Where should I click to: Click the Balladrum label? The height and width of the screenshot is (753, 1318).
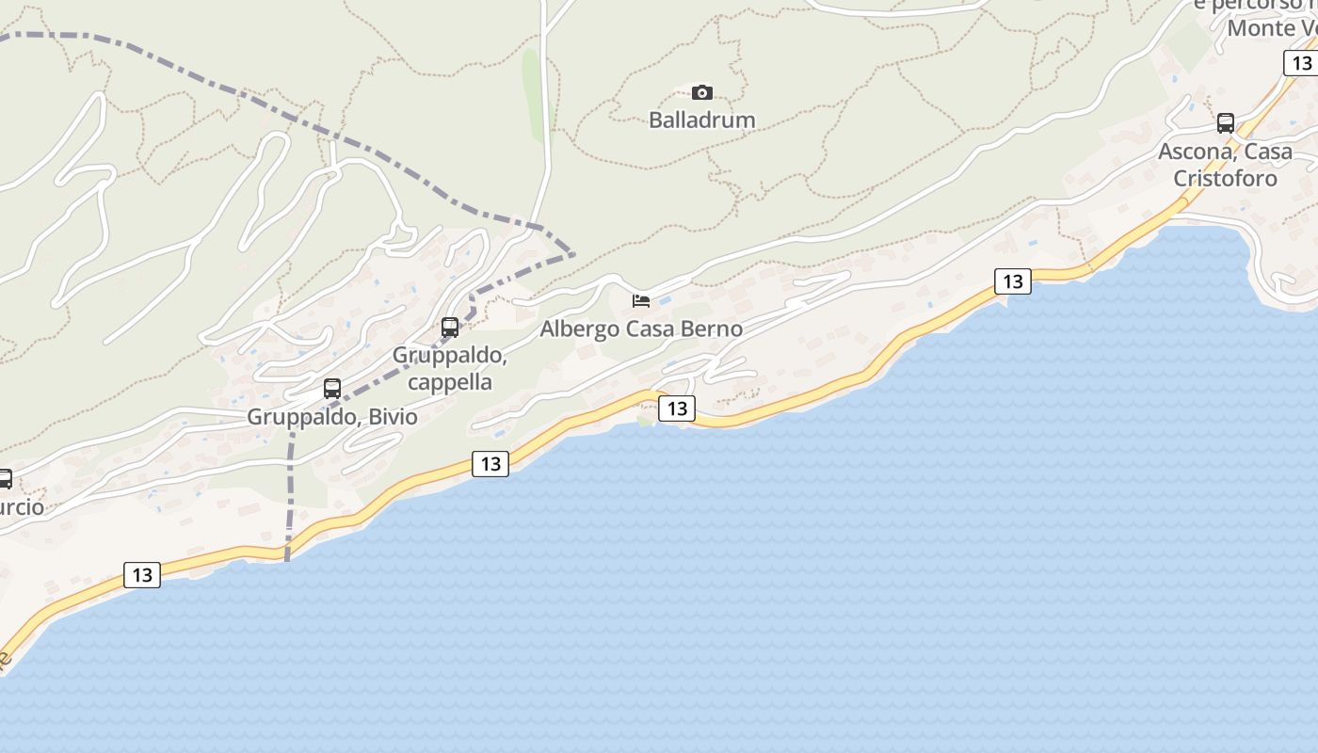point(702,120)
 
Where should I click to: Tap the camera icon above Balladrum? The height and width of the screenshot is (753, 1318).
point(702,92)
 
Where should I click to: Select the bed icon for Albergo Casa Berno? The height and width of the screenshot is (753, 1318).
point(641,301)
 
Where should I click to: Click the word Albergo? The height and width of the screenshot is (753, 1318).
point(580,328)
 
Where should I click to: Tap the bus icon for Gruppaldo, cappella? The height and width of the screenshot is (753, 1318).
point(450,328)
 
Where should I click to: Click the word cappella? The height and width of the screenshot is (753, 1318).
point(450,381)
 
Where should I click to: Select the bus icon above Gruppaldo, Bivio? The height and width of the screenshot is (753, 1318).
point(332,388)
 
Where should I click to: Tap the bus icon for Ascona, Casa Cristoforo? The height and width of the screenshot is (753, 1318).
point(1226,122)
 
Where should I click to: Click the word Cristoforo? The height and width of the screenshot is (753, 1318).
point(1225,178)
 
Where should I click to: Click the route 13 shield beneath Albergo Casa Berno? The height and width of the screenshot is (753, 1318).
point(677,409)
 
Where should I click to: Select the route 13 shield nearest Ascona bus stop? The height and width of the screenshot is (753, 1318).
point(1301,63)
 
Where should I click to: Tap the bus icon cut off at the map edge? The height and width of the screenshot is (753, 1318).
point(5,479)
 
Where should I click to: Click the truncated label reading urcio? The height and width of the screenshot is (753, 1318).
point(21,507)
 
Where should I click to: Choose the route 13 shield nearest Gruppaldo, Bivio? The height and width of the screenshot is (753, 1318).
point(490,463)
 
